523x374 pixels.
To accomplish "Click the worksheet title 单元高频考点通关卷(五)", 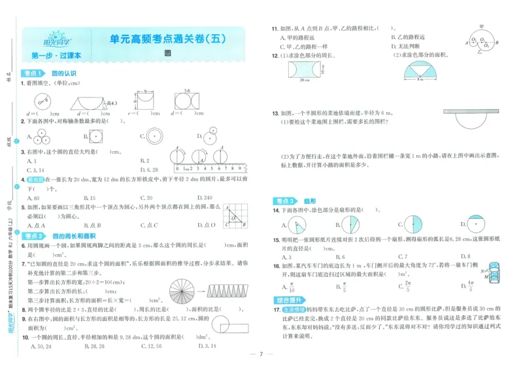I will point(167,40).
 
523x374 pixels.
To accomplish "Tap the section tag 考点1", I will point(33,73).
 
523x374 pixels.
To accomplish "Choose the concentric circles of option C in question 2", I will point(156,136).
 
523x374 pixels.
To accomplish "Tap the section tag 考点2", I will point(33,236).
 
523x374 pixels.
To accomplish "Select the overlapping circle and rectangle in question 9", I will point(231,325).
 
